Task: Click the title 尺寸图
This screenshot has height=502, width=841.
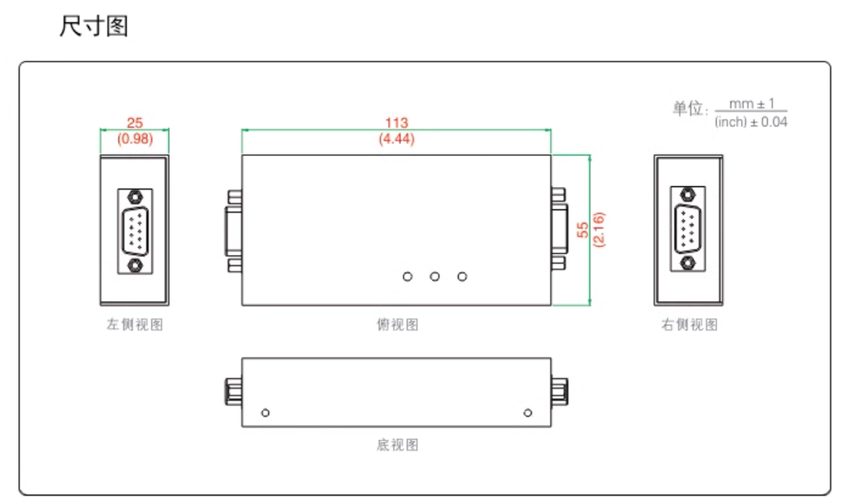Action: click(x=94, y=25)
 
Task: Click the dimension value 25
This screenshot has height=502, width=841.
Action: click(x=135, y=123)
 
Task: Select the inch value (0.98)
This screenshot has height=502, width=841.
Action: click(x=136, y=139)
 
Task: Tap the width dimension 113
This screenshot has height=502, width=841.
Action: click(x=397, y=123)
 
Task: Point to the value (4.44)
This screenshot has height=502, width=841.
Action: click(x=397, y=139)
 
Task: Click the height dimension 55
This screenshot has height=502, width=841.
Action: click(x=582, y=230)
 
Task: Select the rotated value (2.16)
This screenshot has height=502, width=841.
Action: click(x=599, y=230)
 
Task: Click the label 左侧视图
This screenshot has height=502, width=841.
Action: click(x=135, y=324)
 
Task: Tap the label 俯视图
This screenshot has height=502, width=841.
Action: click(x=397, y=324)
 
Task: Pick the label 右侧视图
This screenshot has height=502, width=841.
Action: click(x=689, y=324)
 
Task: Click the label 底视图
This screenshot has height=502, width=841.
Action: click(x=397, y=445)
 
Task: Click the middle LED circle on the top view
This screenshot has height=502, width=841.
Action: click(x=435, y=276)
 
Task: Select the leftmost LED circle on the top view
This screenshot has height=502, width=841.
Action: click(x=407, y=276)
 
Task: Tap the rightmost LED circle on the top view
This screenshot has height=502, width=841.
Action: click(x=462, y=276)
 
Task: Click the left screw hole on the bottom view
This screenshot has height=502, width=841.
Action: click(x=265, y=413)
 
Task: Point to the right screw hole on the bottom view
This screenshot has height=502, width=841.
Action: click(x=528, y=413)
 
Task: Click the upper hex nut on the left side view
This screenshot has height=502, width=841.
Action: click(x=136, y=197)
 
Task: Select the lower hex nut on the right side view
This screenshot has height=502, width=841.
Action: click(x=687, y=262)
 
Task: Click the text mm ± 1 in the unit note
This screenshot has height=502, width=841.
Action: click(x=751, y=103)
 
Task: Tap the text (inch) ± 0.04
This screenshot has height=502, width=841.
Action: click(x=751, y=122)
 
